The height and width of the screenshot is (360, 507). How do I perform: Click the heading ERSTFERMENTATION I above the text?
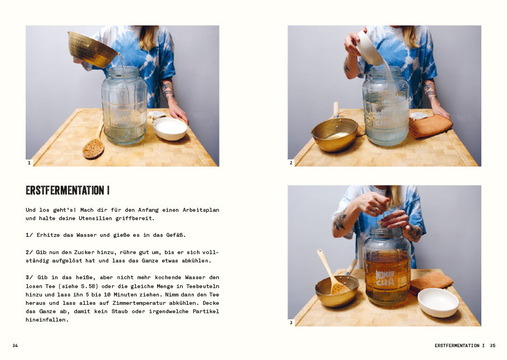(67, 190)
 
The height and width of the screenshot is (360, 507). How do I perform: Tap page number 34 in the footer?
(15, 346)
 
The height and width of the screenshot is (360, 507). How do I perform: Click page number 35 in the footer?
(493, 346)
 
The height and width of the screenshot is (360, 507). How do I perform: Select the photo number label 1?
(29, 163)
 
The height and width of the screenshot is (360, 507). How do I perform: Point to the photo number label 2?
(291, 163)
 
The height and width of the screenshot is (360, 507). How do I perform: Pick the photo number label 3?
(291, 323)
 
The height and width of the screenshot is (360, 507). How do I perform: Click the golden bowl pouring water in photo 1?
(92, 49)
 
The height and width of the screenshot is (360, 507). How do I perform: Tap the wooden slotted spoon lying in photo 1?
(94, 144)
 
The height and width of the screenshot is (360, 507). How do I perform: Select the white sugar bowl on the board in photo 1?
(170, 128)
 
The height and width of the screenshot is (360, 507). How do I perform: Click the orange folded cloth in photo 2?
(430, 126)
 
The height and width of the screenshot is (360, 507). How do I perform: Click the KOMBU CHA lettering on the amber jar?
(385, 278)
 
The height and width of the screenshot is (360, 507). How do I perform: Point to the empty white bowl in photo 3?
(438, 303)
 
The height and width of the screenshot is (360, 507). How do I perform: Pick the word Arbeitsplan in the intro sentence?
(201, 210)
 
